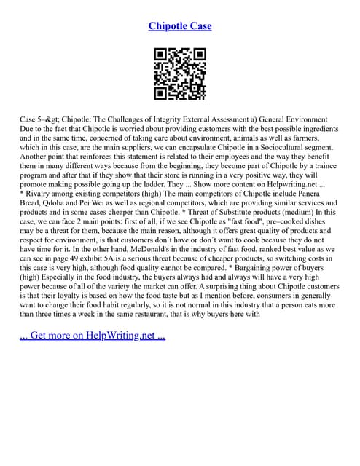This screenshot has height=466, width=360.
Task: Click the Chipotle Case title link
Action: (x=180, y=26)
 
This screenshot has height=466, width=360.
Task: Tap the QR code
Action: (x=180, y=74)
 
